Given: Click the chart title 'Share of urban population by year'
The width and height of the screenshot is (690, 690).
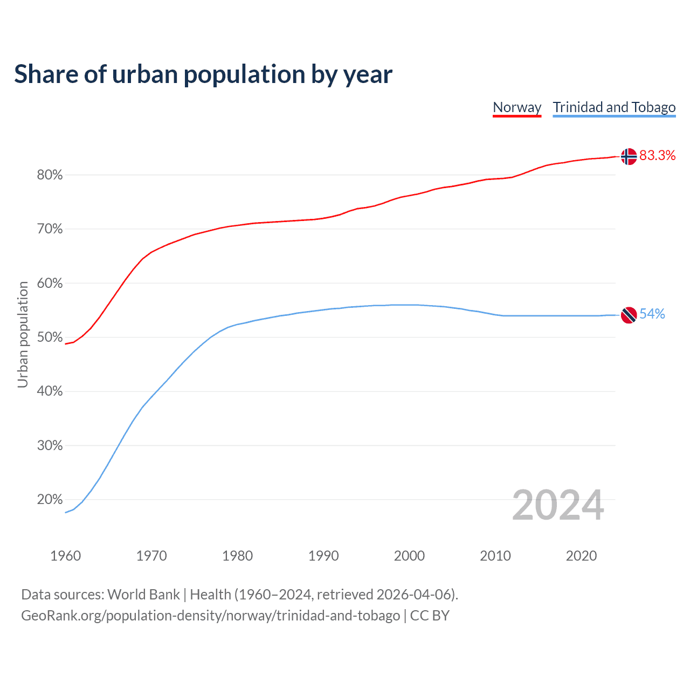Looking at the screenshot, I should pyautogui.click(x=203, y=74).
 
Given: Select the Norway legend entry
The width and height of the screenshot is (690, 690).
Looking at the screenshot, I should pyautogui.click(x=517, y=107).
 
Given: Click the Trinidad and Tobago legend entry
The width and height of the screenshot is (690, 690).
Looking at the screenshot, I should pyautogui.click(x=614, y=107).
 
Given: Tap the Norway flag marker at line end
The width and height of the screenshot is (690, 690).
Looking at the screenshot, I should pyautogui.click(x=629, y=156).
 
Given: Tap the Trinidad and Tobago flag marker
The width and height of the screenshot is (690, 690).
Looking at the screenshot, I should pyautogui.click(x=629, y=315).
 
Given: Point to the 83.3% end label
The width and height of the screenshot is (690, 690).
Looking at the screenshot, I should pyautogui.click(x=657, y=156).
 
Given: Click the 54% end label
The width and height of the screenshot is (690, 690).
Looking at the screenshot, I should pyautogui.click(x=652, y=314).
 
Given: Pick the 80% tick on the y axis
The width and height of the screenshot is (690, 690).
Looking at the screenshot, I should pyautogui.click(x=50, y=175).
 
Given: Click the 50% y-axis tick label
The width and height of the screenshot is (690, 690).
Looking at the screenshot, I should pyautogui.click(x=50, y=337).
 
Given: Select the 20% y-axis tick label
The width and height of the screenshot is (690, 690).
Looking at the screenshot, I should pyautogui.click(x=50, y=500).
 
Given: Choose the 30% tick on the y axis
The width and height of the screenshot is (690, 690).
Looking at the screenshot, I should pyautogui.click(x=50, y=446).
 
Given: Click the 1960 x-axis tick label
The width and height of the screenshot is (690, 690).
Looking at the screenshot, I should pyautogui.click(x=65, y=556).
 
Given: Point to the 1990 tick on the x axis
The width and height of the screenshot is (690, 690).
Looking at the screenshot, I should pyautogui.click(x=323, y=556).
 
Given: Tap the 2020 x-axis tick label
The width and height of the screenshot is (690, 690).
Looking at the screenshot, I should pyautogui.click(x=581, y=556).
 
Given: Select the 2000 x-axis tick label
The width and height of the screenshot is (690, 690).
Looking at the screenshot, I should pyautogui.click(x=409, y=556).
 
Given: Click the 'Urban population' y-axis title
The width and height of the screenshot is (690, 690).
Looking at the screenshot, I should pyautogui.click(x=23, y=334).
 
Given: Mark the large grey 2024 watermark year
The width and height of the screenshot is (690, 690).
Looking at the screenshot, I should pyautogui.click(x=558, y=505).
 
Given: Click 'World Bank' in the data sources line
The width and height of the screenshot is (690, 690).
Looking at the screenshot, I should pyautogui.click(x=143, y=595).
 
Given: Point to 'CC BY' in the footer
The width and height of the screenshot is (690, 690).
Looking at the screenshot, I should pyautogui.click(x=430, y=616).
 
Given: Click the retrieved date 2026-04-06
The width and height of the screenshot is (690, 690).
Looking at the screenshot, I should pyautogui.click(x=413, y=595).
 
